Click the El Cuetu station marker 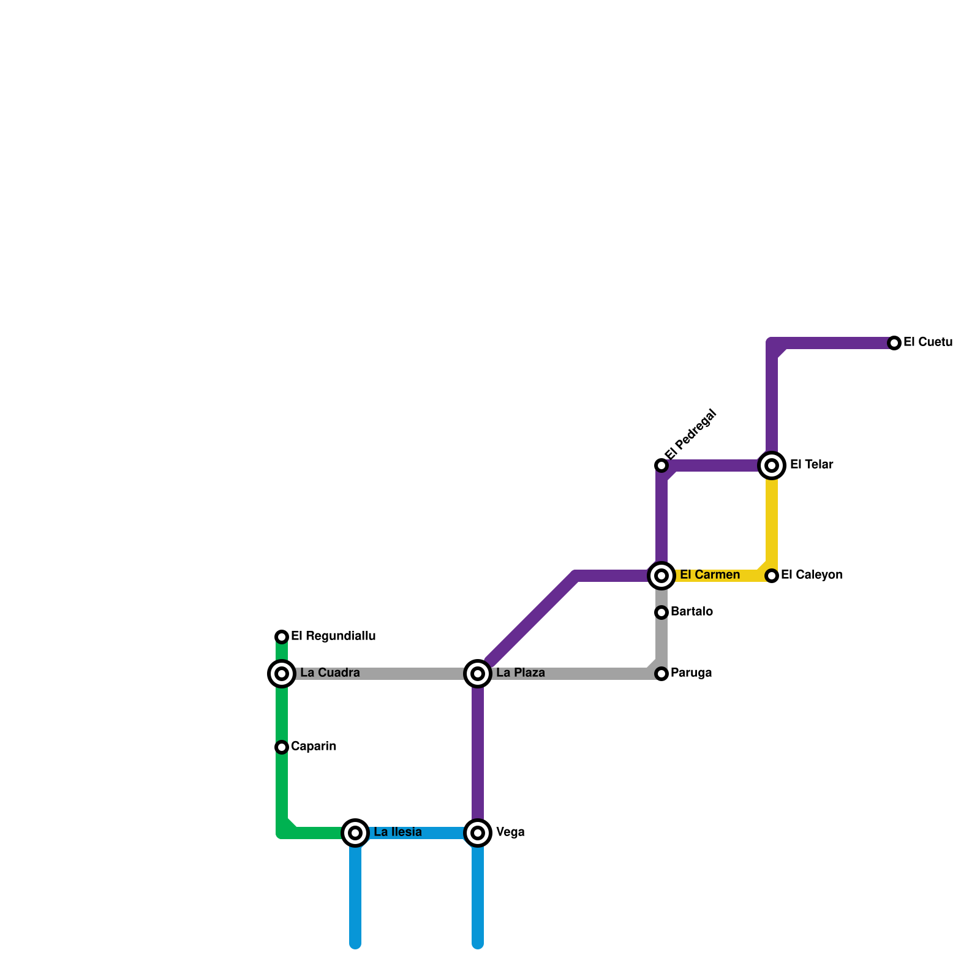pyautogui.click(x=894, y=343)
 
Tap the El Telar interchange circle pyautogui.click(x=772, y=466)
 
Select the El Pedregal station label pyautogui.click(x=691, y=434)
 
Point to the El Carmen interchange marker pyautogui.click(x=661, y=576)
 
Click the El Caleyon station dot pyautogui.click(x=772, y=576)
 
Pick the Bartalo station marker pyautogui.click(x=661, y=612)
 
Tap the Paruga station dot pyautogui.click(x=661, y=674)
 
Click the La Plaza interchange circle pyautogui.click(x=478, y=674)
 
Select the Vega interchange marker pyautogui.click(x=478, y=833)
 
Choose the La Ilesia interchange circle pyautogui.click(x=355, y=833)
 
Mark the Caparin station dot pyautogui.click(x=282, y=747)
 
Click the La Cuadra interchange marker pyautogui.click(x=282, y=674)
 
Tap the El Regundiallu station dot pyautogui.click(x=282, y=637)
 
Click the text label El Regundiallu pyautogui.click(x=333, y=636)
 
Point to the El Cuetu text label pyautogui.click(x=928, y=342)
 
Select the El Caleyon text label pyautogui.click(x=812, y=575)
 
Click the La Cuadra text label pyautogui.click(x=330, y=673)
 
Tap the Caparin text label pyautogui.click(x=314, y=747)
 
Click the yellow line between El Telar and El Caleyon pyautogui.click(x=772, y=521)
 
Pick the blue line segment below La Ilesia pyautogui.click(x=355, y=894)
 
